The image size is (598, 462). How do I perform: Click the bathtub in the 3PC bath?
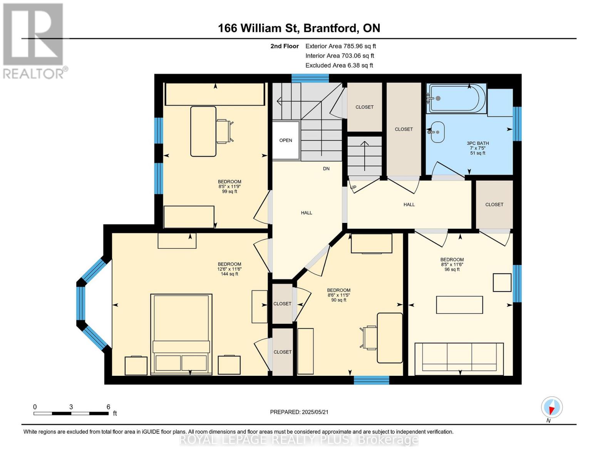click(456, 99)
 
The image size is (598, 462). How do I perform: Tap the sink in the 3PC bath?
click(437, 132)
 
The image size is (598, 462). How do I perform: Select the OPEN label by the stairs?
click(286, 141)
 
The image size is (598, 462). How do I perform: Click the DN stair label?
click(326, 169)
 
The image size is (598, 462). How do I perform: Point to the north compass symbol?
click(551, 407)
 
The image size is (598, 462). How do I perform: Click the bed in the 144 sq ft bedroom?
click(181, 334)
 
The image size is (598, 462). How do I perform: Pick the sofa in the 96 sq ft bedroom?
click(459, 359)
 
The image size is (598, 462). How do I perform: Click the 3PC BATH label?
click(478, 143)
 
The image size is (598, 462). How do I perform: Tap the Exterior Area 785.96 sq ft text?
click(340, 46)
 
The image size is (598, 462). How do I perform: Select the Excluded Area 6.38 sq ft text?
click(339, 65)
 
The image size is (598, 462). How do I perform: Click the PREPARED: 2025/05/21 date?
click(299, 412)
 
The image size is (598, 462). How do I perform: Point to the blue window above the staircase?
click(310, 78)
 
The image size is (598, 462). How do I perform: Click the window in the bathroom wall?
click(517, 124)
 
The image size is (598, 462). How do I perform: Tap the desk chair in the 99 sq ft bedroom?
click(225, 131)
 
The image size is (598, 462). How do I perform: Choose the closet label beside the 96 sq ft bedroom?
click(494, 204)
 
